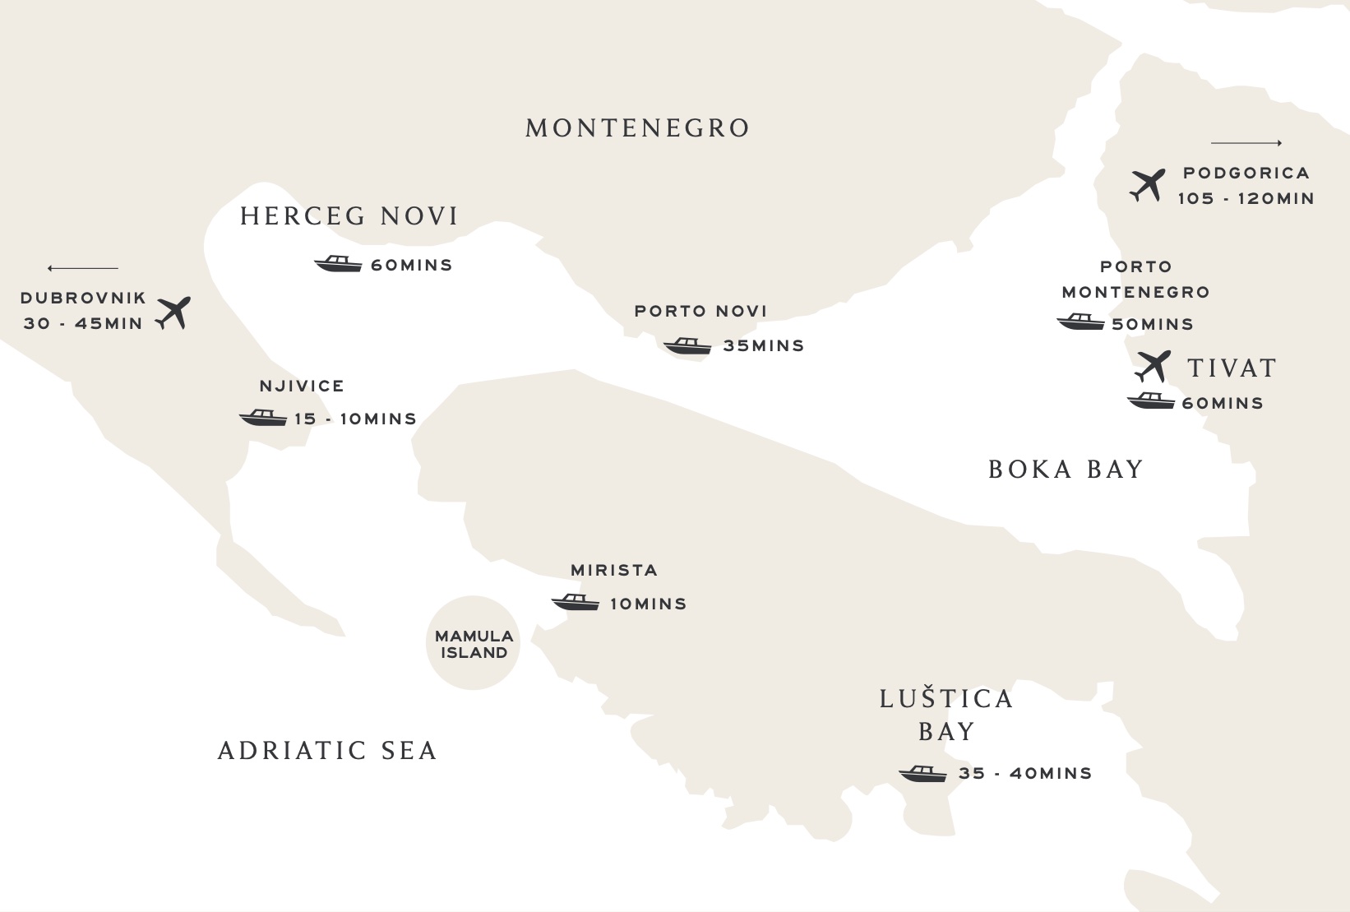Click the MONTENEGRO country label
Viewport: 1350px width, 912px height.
pos(637,128)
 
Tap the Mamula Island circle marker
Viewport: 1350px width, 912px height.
pos(474,644)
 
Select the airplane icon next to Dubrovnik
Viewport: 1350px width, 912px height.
pos(173,312)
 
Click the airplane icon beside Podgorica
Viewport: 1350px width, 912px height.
pos(1148,185)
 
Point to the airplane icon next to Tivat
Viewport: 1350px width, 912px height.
pos(1153,366)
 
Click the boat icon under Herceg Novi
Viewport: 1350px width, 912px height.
pos(338,264)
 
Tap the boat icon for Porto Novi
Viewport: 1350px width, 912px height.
pos(687,345)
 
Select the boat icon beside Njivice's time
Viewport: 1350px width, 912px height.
pos(262,418)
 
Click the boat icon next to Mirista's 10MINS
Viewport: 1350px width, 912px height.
pos(575,603)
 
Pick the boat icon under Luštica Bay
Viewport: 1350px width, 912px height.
pos(922,774)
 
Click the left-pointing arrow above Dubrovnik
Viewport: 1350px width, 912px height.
pos(83,268)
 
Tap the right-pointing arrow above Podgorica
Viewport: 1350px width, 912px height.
pos(1246,143)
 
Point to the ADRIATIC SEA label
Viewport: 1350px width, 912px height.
pos(327,751)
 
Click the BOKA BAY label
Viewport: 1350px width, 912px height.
pos(1066,470)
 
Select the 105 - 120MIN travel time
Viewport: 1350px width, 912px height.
pos(1246,198)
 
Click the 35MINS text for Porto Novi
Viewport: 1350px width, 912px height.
pos(763,346)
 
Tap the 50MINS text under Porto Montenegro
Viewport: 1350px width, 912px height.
pos(1152,325)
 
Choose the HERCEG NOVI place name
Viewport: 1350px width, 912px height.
pos(349,216)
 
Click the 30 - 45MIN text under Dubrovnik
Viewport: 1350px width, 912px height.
pos(83,323)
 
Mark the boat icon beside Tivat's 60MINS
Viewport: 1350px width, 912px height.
pos(1150,401)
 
